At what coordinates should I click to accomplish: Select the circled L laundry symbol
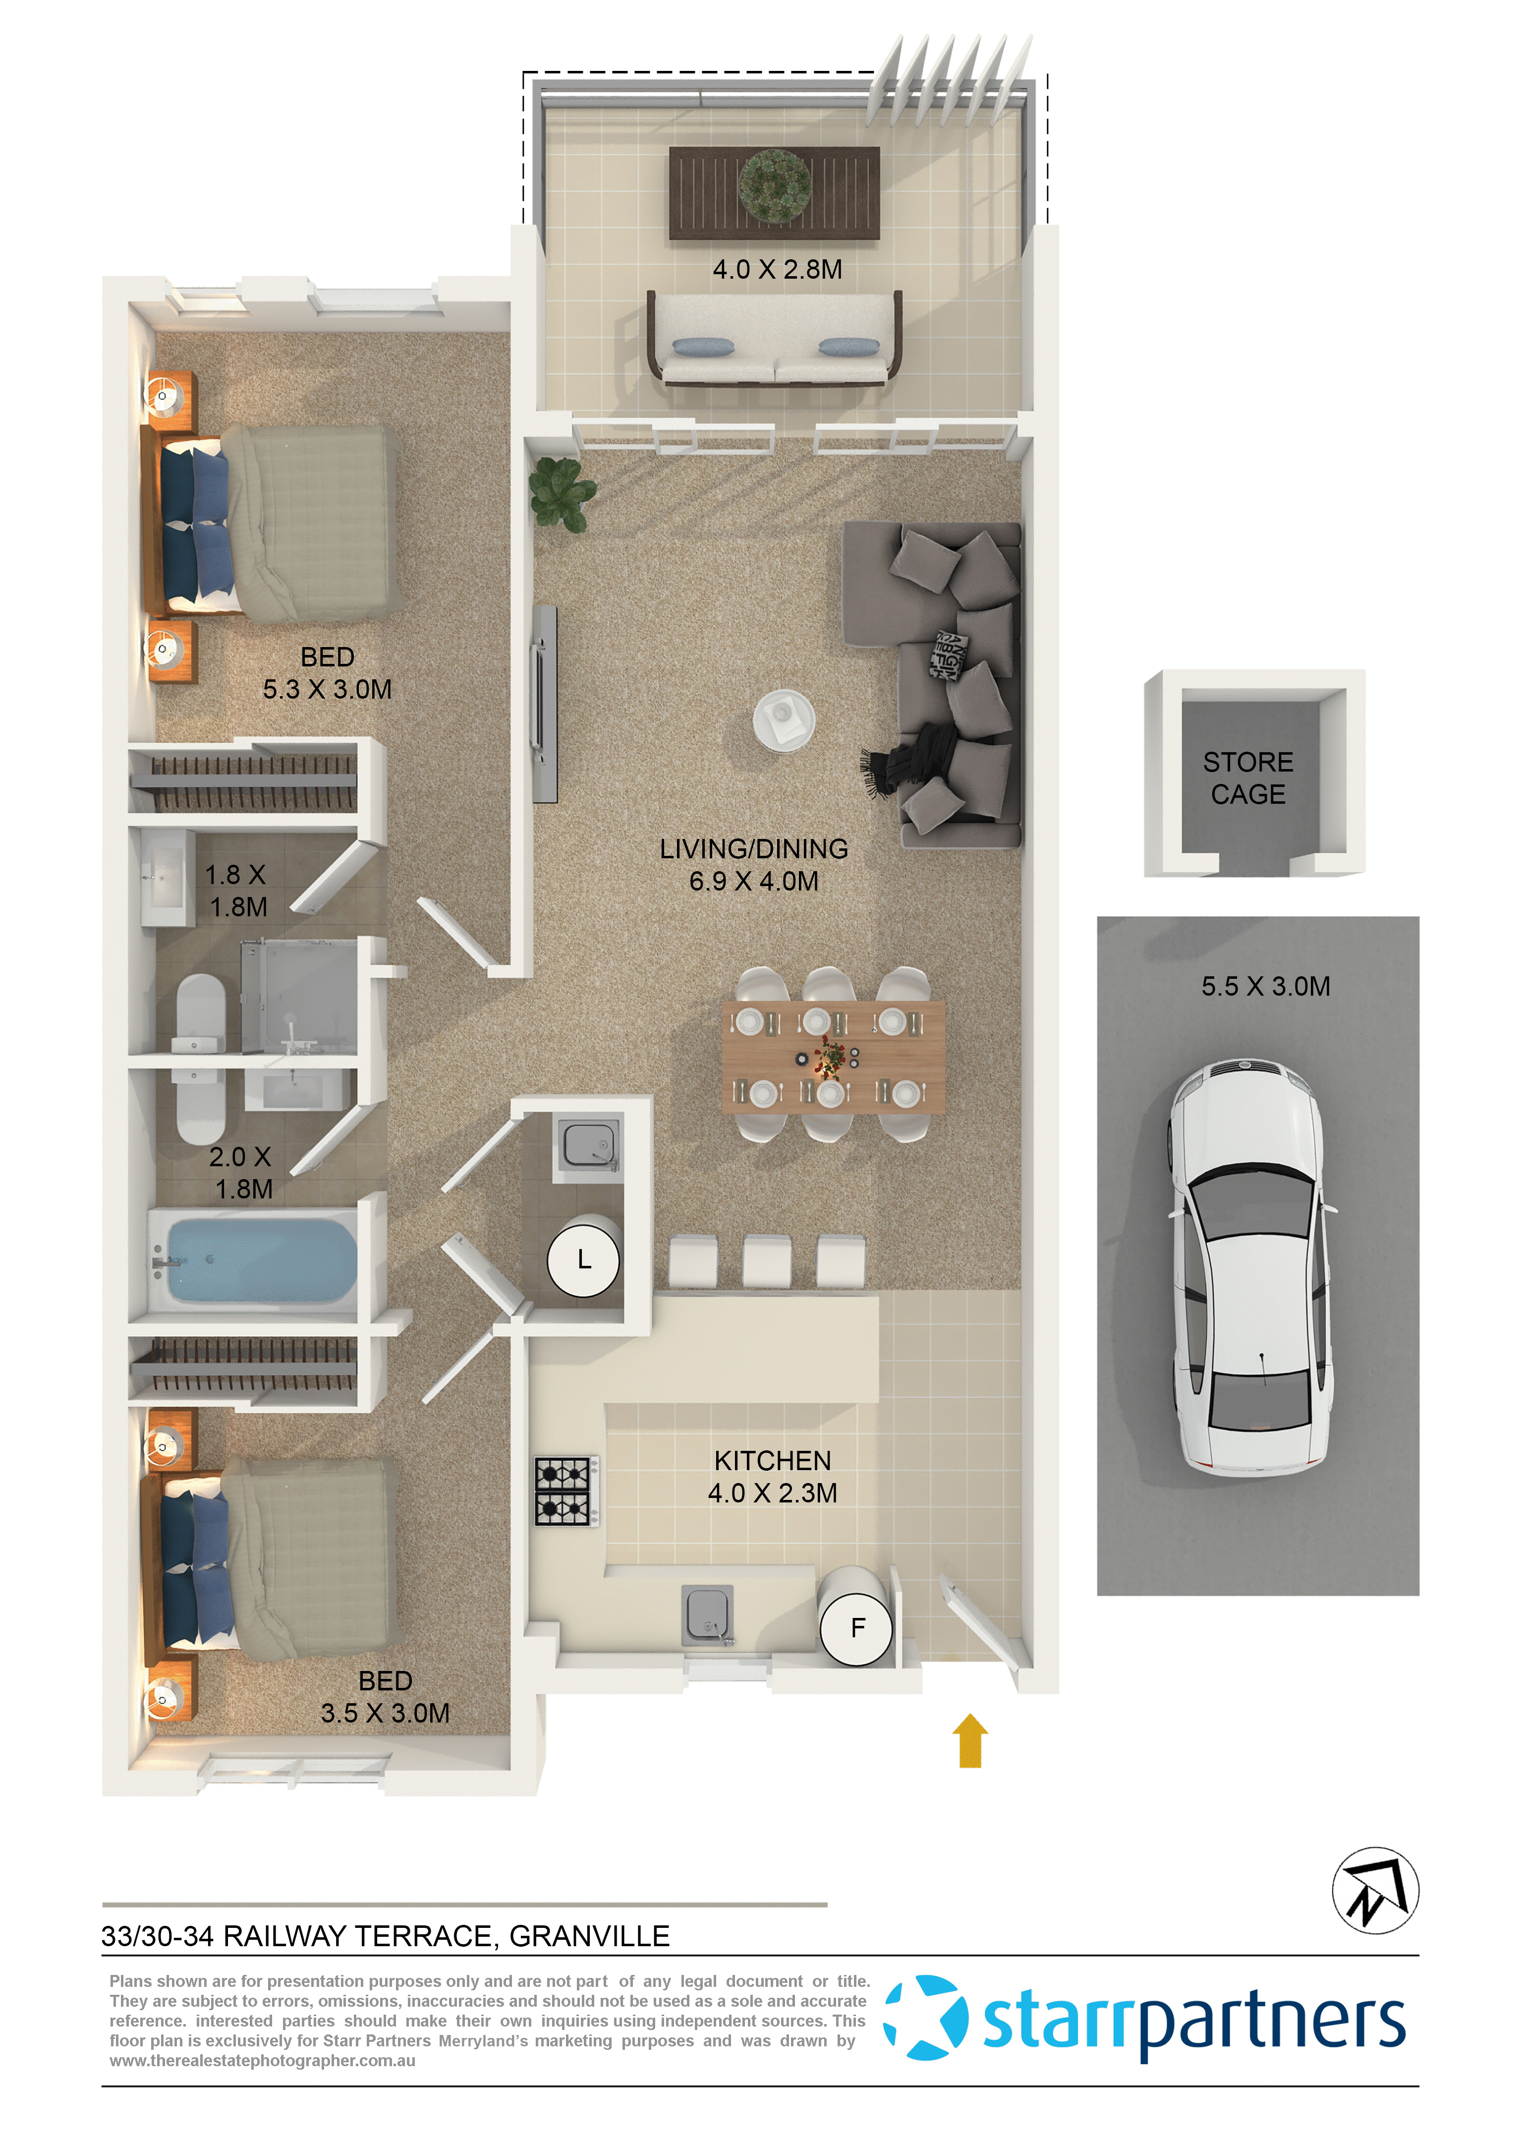click(583, 1260)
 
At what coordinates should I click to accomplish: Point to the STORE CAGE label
click(1247, 777)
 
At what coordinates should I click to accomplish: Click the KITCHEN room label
click(772, 1461)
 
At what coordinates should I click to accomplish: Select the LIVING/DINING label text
click(753, 848)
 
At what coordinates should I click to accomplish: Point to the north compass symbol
click(1375, 1890)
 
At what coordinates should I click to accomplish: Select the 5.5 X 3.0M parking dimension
click(1265, 986)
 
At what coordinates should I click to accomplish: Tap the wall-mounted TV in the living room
click(545, 703)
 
